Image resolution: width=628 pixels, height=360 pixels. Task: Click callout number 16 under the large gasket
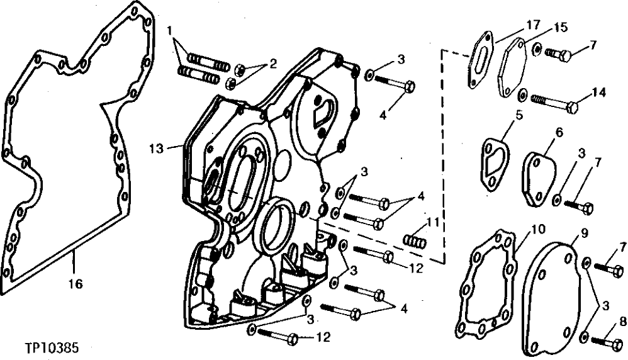[x=75, y=284]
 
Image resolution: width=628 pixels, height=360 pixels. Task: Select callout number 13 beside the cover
[x=157, y=148]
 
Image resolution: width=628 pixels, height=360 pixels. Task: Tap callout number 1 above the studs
[x=171, y=30]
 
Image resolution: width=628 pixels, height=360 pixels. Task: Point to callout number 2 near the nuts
[x=272, y=62]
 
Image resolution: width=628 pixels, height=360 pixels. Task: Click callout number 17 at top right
[x=533, y=25]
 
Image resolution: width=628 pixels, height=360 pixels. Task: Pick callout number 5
[x=519, y=116]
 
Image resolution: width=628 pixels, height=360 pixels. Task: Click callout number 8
[x=622, y=320]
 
